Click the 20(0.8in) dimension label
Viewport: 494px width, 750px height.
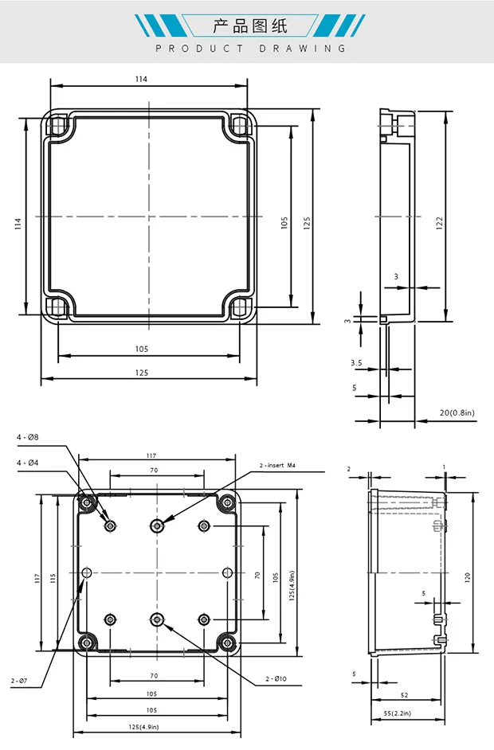457,412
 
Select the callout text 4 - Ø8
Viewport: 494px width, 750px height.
27,437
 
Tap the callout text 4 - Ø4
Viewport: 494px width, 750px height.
27,463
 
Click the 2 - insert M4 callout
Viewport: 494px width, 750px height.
279,465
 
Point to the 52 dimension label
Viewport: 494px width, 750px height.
405,695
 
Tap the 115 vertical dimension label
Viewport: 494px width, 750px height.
53,577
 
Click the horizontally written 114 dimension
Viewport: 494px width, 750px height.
141,79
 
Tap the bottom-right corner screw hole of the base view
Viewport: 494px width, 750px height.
229,642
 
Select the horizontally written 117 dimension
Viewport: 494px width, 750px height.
151,455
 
